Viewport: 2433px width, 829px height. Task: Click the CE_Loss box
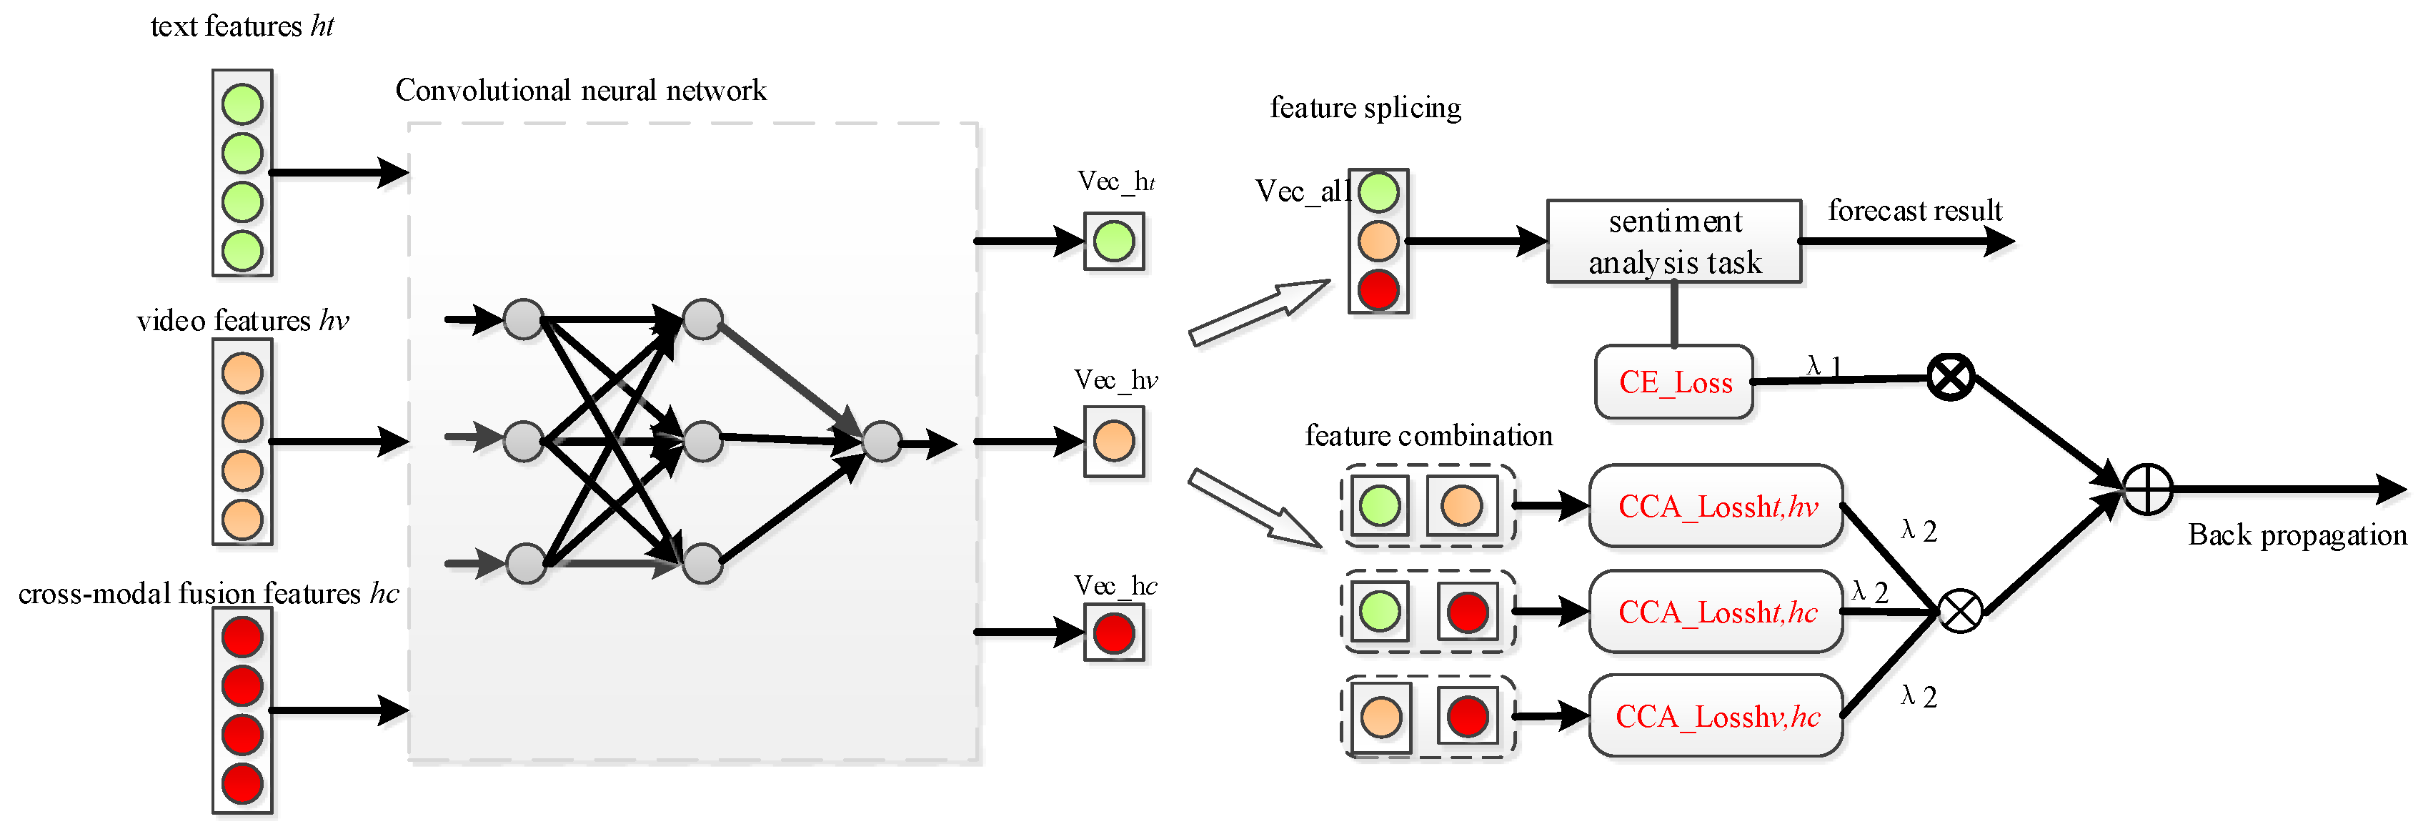[x=1673, y=382]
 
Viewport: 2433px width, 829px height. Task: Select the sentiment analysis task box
[x=1673, y=241]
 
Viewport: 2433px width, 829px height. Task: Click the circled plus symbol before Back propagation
[x=2146, y=489]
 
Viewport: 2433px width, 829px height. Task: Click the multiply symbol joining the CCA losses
[x=1960, y=611]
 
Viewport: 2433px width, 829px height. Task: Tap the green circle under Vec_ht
[x=1113, y=241]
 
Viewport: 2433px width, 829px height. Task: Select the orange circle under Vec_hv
[x=1113, y=441]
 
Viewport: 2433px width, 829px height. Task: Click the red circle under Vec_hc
[x=1113, y=632]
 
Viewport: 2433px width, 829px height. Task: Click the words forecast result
[x=1914, y=209]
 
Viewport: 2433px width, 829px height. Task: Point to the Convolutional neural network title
[x=580, y=91]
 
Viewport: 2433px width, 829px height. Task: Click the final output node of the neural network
[x=881, y=441]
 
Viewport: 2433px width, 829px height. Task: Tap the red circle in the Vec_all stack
[x=1378, y=289]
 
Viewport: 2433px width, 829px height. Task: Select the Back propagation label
[x=2297, y=535]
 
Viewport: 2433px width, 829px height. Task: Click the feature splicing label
[x=1365, y=108]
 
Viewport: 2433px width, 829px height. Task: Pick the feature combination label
[x=1428, y=435]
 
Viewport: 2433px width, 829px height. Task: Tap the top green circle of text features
[x=242, y=104]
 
